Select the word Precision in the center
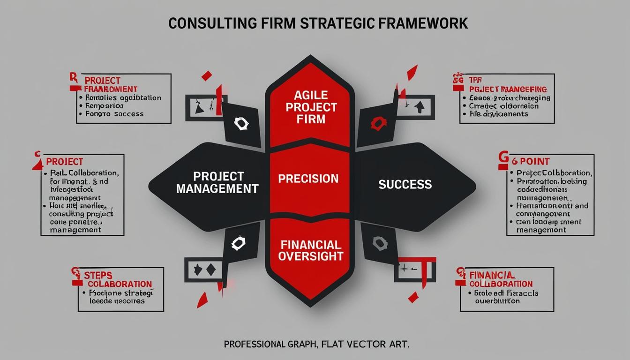308,179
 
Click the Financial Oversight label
310,250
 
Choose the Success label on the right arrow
405,184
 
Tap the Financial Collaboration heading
500,279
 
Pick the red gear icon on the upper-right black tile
376,124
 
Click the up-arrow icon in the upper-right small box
419,106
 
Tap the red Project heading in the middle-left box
64,162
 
